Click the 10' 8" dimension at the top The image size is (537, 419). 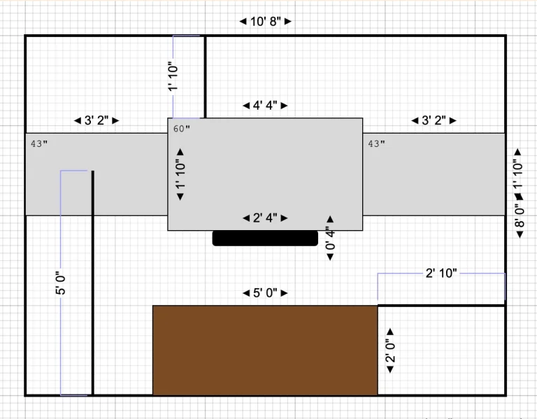click(x=266, y=22)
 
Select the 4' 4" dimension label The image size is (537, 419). click(x=265, y=106)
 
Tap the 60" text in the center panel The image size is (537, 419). click(x=182, y=129)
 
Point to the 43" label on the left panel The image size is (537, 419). click(x=39, y=143)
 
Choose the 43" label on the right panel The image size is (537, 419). click(x=376, y=143)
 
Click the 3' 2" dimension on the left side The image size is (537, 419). click(x=96, y=120)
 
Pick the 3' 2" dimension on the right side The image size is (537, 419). click(x=434, y=120)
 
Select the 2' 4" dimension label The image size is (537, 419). click(x=265, y=218)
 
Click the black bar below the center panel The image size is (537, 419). click(x=265, y=238)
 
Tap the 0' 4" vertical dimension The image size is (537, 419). click(x=330, y=238)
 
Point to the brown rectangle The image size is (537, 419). click(x=265, y=350)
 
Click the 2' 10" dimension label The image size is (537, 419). click(x=441, y=274)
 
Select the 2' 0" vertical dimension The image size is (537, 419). click(x=390, y=350)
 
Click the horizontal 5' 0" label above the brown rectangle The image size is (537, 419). click(x=265, y=293)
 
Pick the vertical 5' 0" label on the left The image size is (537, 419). click(x=61, y=283)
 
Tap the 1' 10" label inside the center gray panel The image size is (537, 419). click(x=180, y=174)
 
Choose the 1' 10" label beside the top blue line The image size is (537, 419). click(x=173, y=76)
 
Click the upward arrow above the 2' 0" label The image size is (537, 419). click(x=390, y=332)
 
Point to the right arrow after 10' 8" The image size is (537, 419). click(x=288, y=22)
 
